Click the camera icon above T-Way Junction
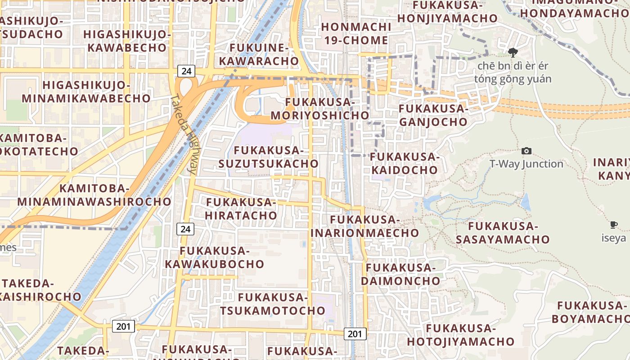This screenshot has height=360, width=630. (x=526, y=151)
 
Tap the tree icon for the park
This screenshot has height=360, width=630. (x=513, y=53)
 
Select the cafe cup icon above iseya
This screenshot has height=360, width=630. (x=613, y=225)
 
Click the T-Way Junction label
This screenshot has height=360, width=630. (x=526, y=164)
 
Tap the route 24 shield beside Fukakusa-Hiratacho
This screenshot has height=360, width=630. (x=185, y=229)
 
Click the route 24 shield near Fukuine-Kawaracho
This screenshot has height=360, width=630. (x=186, y=71)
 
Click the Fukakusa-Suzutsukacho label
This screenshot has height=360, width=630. (x=269, y=157)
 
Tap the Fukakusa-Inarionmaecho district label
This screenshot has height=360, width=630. (x=365, y=226)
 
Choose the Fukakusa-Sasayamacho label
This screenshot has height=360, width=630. (x=503, y=233)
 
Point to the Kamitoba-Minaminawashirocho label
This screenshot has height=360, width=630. (x=94, y=195)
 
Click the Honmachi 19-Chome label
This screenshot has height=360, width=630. (x=355, y=34)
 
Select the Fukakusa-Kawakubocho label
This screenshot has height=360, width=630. (x=214, y=257)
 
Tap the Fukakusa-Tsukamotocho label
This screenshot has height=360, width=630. (x=272, y=304)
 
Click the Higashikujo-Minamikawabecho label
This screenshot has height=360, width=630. (x=86, y=92)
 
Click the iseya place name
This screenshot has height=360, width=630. (x=613, y=238)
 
